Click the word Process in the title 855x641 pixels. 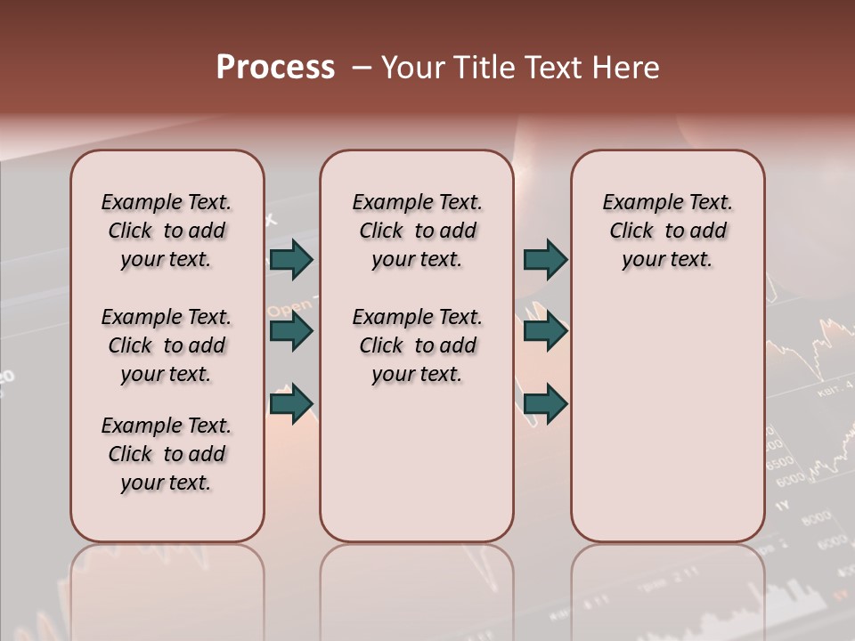click(x=275, y=68)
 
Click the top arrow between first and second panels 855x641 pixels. click(x=291, y=260)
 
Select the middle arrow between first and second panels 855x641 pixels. click(x=291, y=332)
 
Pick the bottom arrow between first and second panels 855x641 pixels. click(x=291, y=403)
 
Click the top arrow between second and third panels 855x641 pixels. click(x=545, y=260)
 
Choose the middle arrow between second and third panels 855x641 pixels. click(x=545, y=332)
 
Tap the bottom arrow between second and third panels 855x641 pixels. click(x=545, y=403)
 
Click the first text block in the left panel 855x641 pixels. click(x=167, y=231)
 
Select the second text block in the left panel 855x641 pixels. click(x=167, y=345)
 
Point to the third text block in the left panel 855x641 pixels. click(x=167, y=454)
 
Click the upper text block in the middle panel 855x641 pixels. click(x=417, y=231)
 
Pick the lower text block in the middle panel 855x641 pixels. click(x=417, y=345)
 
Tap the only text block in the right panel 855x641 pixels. click(x=667, y=231)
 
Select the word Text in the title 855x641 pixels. click(x=556, y=68)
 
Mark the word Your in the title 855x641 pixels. click(x=413, y=68)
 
